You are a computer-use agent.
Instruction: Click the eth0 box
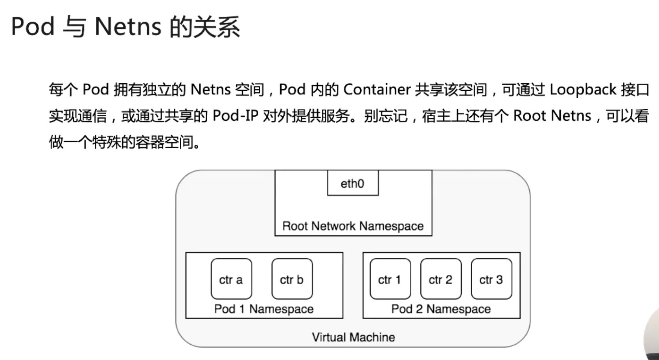[x=353, y=183]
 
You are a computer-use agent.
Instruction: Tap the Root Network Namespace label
[x=353, y=226]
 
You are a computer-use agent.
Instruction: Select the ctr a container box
[x=231, y=279]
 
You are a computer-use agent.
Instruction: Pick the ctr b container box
[x=292, y=279]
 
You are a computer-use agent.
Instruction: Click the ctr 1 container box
[x=390, y=279]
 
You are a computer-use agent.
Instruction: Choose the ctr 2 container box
[x=440, y=279]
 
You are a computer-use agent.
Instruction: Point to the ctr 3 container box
[x=491, y=279]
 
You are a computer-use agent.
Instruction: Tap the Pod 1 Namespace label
[x=264, y=309]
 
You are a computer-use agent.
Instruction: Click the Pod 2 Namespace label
[x=441, y=309]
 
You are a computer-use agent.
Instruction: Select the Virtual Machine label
[x=353, y=337]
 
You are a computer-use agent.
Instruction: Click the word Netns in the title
[x=128, y=27]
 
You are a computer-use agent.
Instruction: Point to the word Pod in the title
[x=33, y=27]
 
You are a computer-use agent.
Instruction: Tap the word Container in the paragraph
[x=377, y=90]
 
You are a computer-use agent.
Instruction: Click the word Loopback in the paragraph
[x=583, y=90]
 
